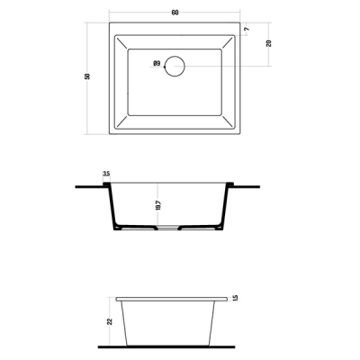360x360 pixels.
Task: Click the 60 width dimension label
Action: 175,13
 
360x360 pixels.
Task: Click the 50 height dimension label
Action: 87,76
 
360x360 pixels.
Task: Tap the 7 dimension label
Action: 247,29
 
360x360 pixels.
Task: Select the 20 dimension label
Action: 269,43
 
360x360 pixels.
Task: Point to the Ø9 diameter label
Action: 157,63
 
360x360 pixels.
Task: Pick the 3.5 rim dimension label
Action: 106,174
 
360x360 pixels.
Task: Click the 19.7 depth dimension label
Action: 158,205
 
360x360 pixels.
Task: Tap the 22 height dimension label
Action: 110,321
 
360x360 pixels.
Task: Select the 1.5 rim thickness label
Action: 235,298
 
